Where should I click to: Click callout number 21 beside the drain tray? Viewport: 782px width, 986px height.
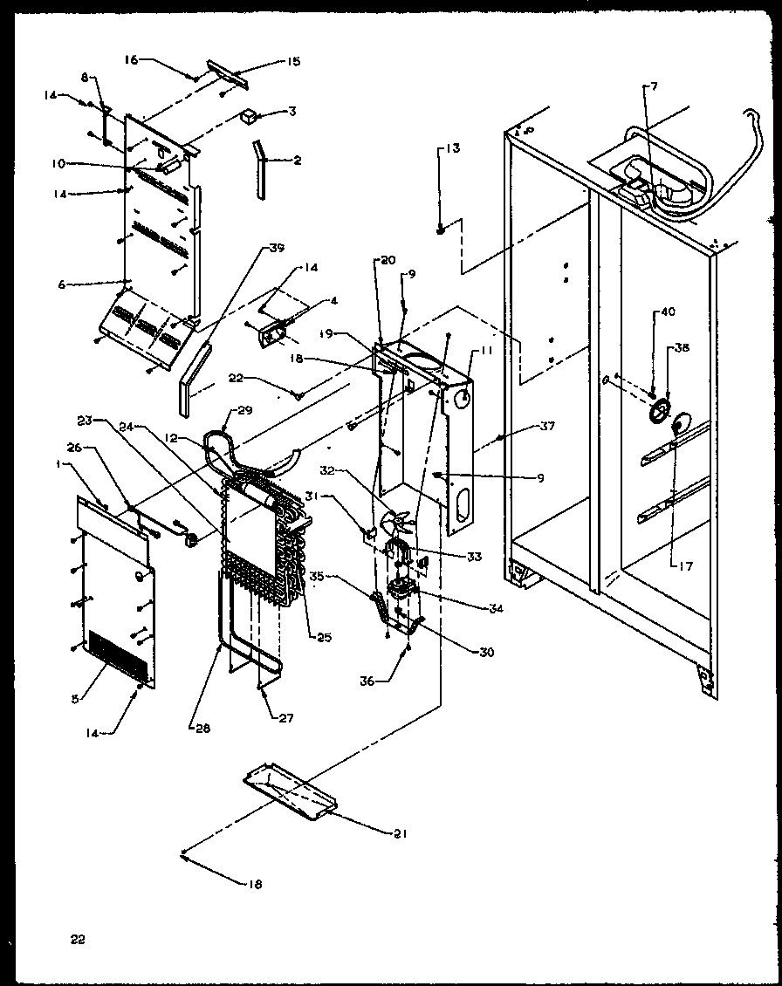pos(400,833)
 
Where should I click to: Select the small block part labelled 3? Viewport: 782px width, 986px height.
pos(250,115)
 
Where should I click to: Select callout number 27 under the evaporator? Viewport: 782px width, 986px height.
pos(285,719)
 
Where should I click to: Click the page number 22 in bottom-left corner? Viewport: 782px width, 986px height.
pos(78,940)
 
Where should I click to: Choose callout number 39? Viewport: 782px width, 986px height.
pos(276,247)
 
